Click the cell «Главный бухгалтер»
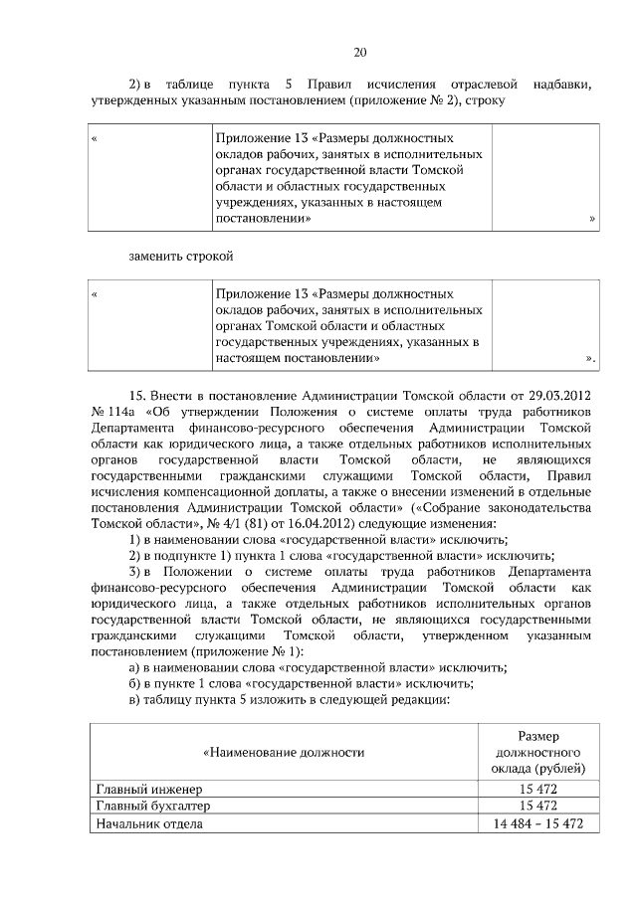152,806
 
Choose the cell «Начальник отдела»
149,823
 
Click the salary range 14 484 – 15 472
537,823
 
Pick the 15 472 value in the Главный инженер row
537,789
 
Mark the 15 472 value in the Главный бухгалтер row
537,806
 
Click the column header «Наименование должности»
284,752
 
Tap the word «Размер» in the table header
537,735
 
